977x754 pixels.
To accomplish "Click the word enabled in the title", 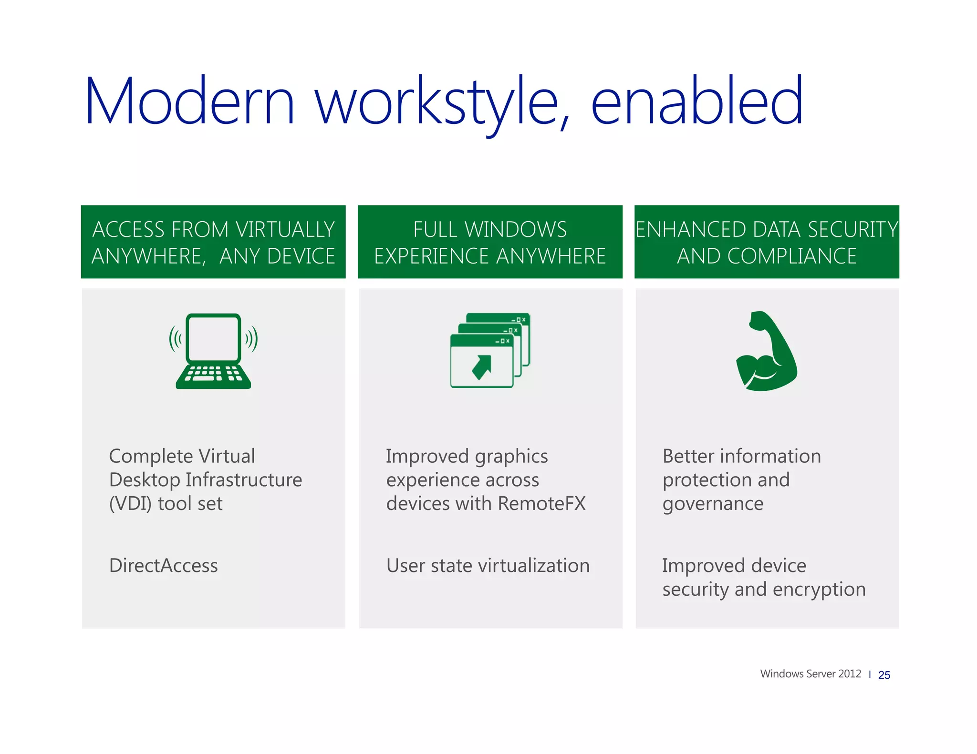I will click(x=697, y=101).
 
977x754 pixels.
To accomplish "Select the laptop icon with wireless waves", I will click(x=213, y=351).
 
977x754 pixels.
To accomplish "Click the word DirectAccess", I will click(x=163, y=566).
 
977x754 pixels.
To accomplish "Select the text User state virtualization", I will click(x=488, y=566).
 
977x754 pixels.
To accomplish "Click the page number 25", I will click(x=884, y=675).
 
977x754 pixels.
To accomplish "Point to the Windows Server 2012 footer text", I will click(x=810, y=674).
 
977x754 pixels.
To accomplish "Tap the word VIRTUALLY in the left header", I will click(x=285, y=230).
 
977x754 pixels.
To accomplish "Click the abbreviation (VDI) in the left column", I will click(x=130, y=504).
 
